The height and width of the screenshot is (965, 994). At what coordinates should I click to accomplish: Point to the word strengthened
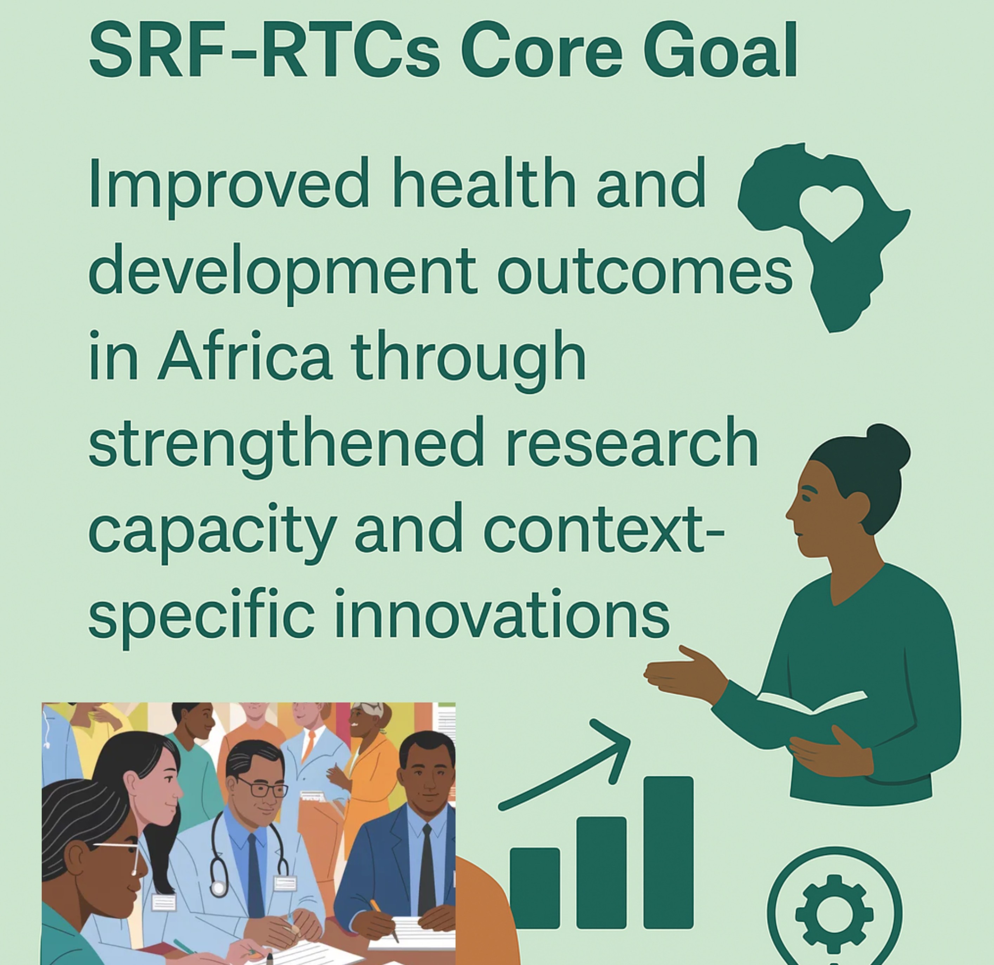coord(286,446)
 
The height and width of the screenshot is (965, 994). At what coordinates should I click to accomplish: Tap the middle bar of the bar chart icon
coord(602,872)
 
